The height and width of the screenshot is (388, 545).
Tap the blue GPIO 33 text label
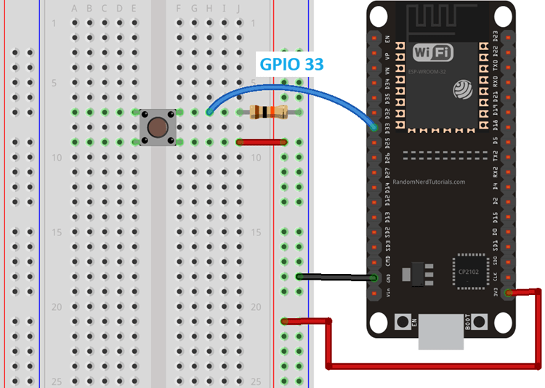[x=291, y=65]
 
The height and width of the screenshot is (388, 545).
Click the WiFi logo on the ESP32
[x=435, y=52]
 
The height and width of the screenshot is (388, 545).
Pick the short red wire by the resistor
[x=260, y=142]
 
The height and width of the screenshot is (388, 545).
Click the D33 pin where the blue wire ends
[x=374, y=128]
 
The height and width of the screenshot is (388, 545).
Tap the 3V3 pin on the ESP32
[x=506, y=293]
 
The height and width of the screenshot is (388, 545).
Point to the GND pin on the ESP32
[x=374, y=278]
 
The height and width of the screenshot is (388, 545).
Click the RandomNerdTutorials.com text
[x=434, y=182]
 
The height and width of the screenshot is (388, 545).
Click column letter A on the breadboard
[x=75, y=9]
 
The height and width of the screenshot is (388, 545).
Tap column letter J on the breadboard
[x=240, y=9]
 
